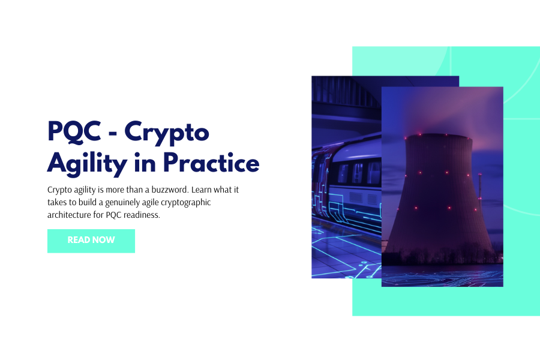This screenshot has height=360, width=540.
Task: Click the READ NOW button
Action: click(91, 241)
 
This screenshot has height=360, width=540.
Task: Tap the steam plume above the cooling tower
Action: click(444, 111)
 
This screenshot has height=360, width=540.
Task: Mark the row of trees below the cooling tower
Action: click(442, 258)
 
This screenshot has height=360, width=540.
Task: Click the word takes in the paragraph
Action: click(58, 202)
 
